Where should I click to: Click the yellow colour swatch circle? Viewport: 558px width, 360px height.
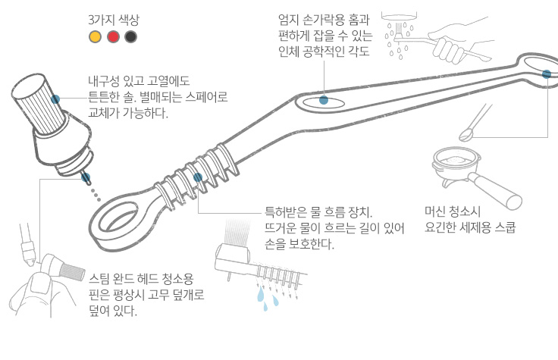[x=95, y=36]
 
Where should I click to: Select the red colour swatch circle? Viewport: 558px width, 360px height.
[x=113, y=36]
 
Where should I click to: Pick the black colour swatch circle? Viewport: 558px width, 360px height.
[x=131, y=36]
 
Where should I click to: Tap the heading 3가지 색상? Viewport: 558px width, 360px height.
[x=114, y=20]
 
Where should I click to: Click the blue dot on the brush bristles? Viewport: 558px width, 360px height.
[x=55, y=99]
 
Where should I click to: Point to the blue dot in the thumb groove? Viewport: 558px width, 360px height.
[x=324, y=100]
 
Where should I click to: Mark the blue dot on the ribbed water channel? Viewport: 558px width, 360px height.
[x=198, y=177]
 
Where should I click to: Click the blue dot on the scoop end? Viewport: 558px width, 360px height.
[x=547, y=74]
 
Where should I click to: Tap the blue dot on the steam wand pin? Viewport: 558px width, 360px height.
[x=86, y=177]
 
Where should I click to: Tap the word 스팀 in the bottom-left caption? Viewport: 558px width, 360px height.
[x=99, y=278]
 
